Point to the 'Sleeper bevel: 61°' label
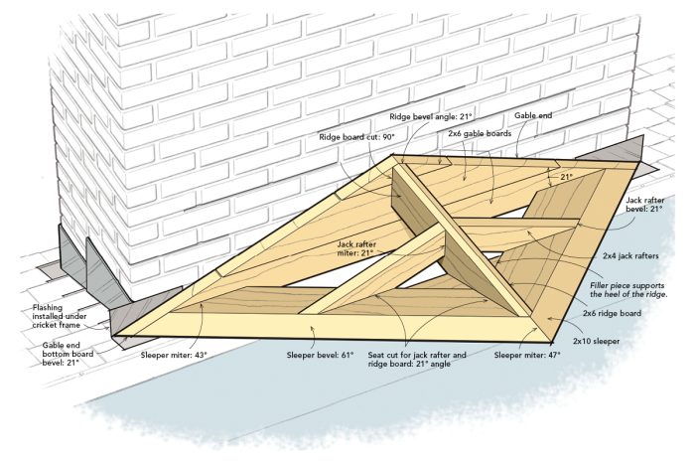pyautogui.click(x=320, y=354)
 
